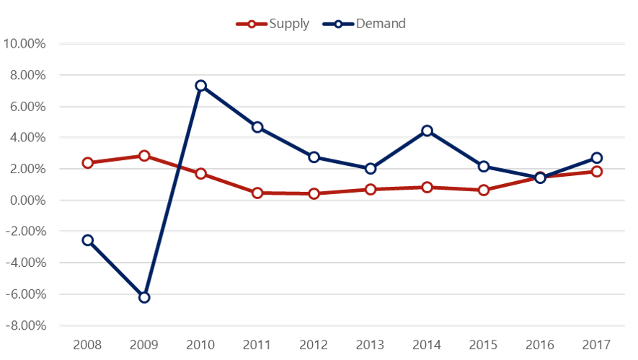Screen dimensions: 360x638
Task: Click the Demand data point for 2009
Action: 144,297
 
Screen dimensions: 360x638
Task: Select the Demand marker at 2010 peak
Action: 201,86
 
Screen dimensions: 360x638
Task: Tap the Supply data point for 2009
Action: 144,156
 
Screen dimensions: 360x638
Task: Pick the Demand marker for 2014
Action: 427,131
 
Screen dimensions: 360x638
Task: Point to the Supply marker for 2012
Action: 314,193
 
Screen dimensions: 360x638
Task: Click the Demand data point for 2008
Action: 88,240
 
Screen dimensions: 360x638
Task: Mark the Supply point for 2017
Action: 596,172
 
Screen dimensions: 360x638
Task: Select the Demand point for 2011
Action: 257,127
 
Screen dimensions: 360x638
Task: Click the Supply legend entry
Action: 273,23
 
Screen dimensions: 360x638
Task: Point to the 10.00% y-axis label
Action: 25,43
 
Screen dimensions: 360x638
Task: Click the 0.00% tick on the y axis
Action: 27,201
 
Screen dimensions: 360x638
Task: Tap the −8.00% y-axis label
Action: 25,326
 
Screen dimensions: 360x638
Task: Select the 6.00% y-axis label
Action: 27,106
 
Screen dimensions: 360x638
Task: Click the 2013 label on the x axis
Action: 371,343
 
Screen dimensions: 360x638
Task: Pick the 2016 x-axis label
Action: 540,343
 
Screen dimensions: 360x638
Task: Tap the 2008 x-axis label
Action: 88,343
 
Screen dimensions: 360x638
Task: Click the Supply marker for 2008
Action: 88,163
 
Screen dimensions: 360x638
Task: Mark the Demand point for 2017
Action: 596,158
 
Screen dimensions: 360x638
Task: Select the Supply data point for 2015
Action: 484,190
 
